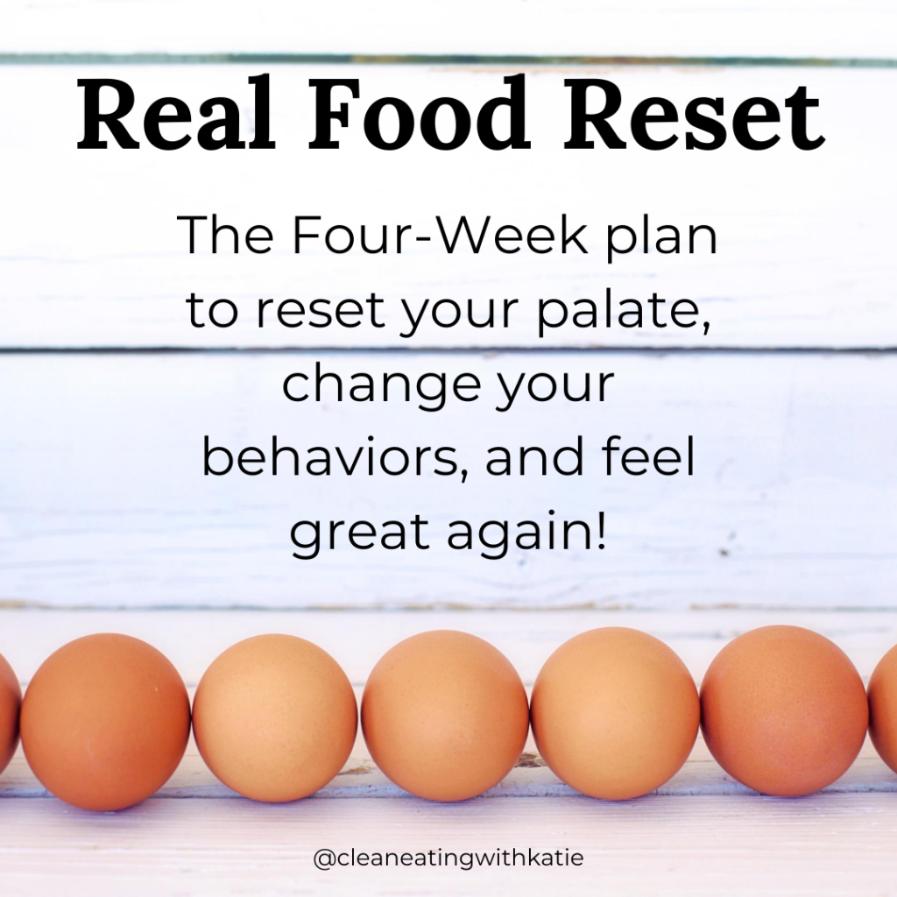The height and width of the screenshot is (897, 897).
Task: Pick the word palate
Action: [x=623, y=313]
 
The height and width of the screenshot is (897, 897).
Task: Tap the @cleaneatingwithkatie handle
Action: [x=448, y=858]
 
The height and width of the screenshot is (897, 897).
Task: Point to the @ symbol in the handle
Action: [x=323, y=858]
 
